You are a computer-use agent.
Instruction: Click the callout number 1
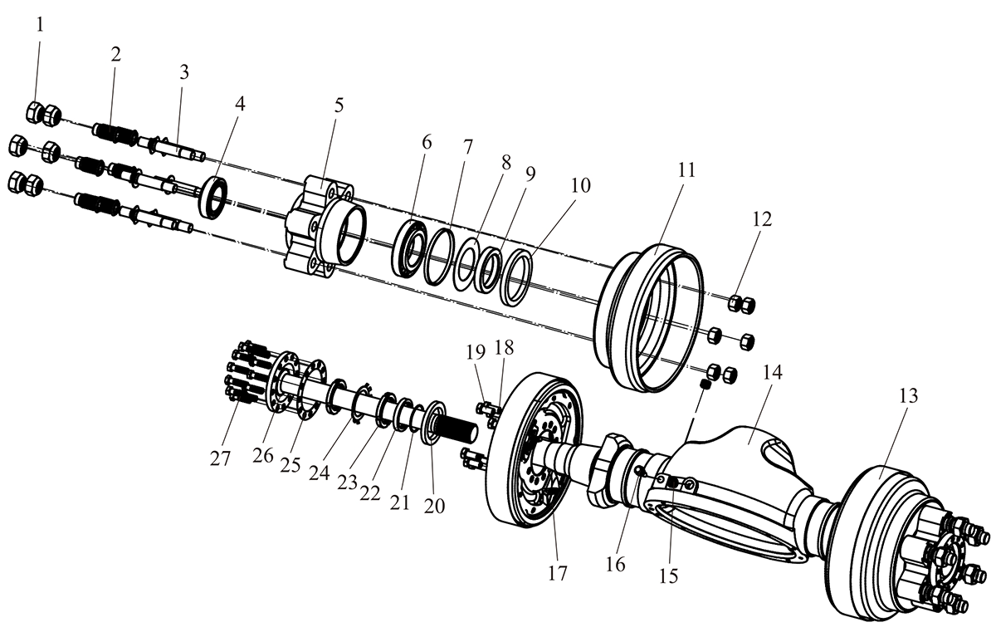41,26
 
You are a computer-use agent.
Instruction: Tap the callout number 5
339,105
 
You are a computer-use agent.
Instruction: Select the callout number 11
686,170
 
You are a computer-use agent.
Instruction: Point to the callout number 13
908,395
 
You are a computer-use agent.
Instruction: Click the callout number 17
558,573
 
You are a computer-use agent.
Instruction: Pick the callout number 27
221,458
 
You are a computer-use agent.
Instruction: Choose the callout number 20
434,506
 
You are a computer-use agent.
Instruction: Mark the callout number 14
773,373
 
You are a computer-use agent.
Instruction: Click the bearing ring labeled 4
214,198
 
